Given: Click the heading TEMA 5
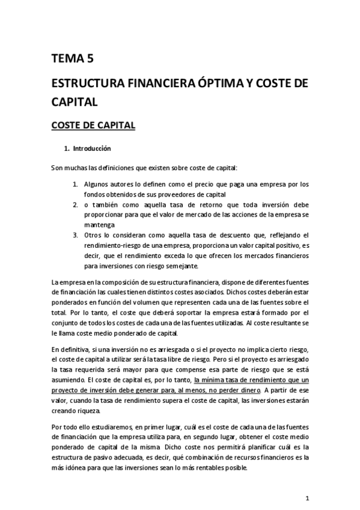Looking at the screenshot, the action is tap(72, 58).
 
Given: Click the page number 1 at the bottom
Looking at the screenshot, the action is tap(307, 498).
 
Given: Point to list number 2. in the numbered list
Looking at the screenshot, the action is tap(76, 205).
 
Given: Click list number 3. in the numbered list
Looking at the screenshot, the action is tap(76, 235).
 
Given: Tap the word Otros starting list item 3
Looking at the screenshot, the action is tap(94, 235).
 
